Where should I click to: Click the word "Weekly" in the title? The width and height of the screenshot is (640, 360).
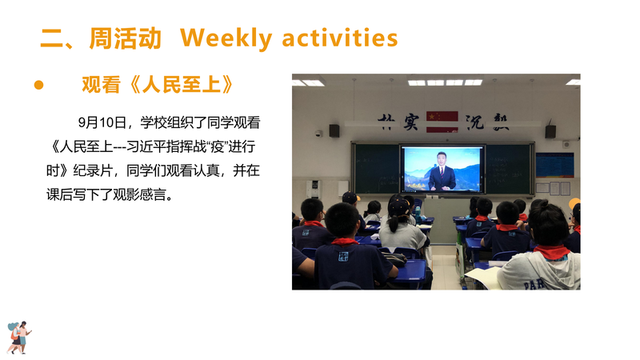[x=226, y=38]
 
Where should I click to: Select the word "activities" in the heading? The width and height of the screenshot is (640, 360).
[x=339, y=38]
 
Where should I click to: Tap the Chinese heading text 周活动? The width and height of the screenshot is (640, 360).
[x=125, y=38]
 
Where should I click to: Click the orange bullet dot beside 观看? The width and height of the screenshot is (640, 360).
[x=38, y=85]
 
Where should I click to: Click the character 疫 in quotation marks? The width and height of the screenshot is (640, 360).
[x=218, y=146]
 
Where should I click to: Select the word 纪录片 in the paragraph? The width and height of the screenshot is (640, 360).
[x=93, y=170]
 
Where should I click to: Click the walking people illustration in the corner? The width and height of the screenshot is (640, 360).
[x=19, y=337]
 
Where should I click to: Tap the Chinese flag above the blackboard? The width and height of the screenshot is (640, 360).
[x=442, y=122]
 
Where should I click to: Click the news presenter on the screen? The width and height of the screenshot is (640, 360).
[x=442, y=172]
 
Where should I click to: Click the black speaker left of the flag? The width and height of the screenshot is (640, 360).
[x=334, y=130]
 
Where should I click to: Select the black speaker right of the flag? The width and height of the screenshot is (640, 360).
[x=550, y=131]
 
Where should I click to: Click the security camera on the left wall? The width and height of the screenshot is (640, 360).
[x=318, y=133]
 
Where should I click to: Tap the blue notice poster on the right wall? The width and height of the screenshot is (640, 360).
[x=554, y=165]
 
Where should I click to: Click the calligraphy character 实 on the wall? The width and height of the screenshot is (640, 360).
[x=411, y=122]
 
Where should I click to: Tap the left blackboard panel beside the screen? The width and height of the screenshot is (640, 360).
[x=376, y=169]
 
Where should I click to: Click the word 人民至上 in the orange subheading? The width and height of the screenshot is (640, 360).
[x=182, y=85]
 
